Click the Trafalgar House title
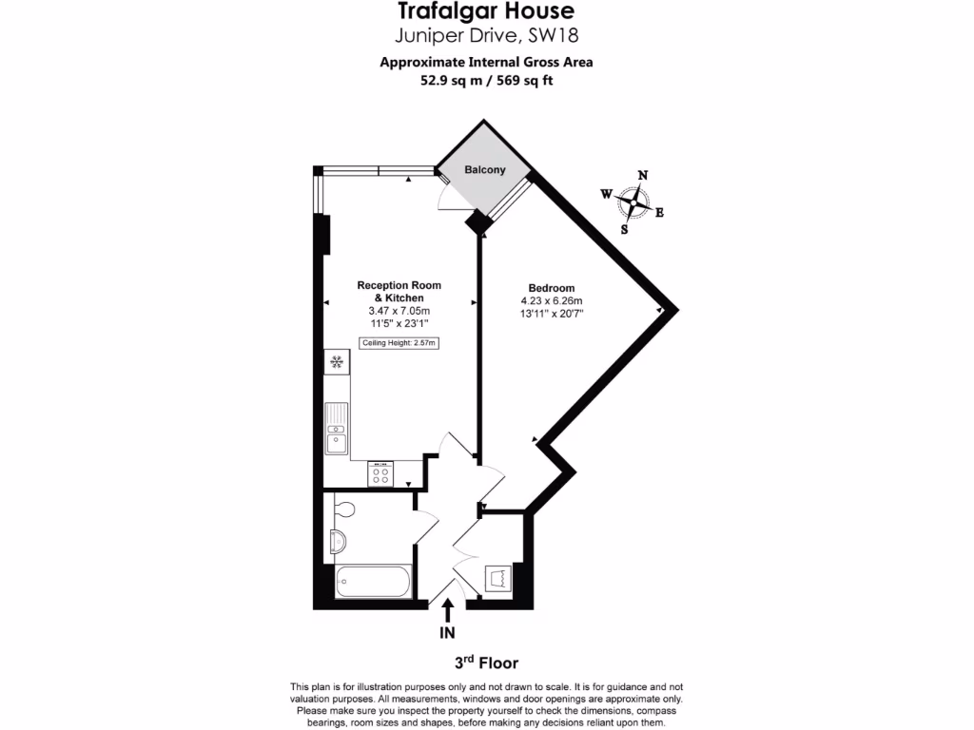click(486, 11)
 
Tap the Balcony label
click(484, 170)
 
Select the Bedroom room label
click(552, 288)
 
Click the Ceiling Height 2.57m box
click(399, 343)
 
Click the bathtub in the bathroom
click(373, 581)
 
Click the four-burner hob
click(380, 473)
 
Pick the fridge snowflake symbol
click(336, 361)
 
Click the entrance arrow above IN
click(448, 607)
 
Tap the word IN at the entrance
click(448, 632)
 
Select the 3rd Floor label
click(486, 663)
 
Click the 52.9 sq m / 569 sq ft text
click(486, 81)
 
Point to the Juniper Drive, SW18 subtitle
click(486, 37)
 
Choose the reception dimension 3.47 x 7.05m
click(399, 311)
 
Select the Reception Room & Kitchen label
click(399, 291)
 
